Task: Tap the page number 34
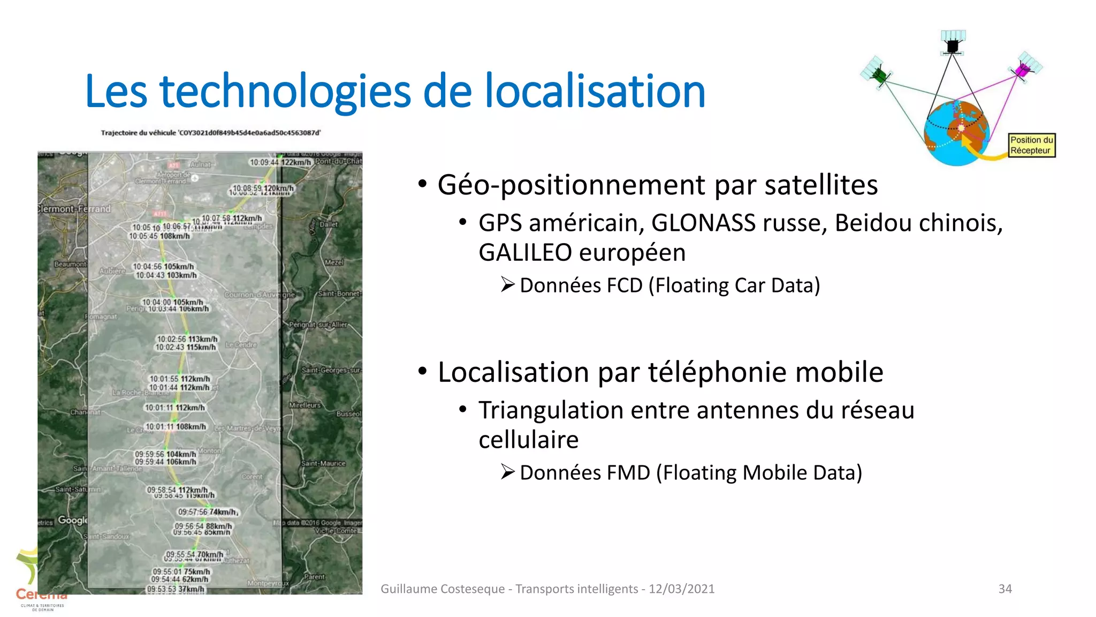pos(1005,589)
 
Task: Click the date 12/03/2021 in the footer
pos(681,589)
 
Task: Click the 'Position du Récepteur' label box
pos(1031,145)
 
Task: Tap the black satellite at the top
pos(953,43)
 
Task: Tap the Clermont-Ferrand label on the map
pos(74,209)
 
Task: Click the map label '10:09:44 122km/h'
pos(280,162)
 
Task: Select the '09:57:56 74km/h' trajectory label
pos(207,512)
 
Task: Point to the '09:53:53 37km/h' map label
pos(176,589)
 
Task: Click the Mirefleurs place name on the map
pos(305,405)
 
